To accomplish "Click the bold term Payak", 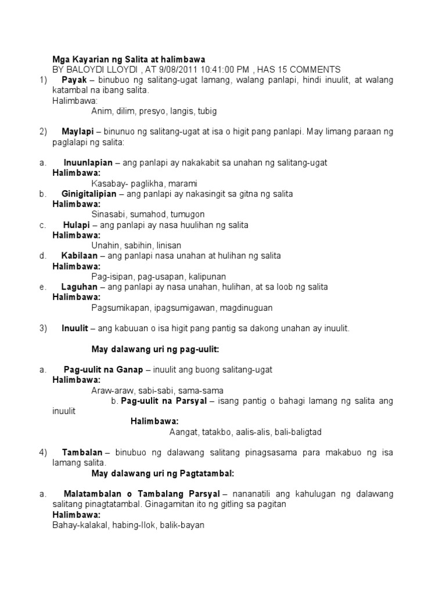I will point(74,79).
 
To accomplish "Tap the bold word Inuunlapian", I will point(89,163).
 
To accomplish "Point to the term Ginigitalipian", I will point(89,194).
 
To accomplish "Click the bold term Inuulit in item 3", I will point(75,328).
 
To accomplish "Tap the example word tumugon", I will point(180,214).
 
